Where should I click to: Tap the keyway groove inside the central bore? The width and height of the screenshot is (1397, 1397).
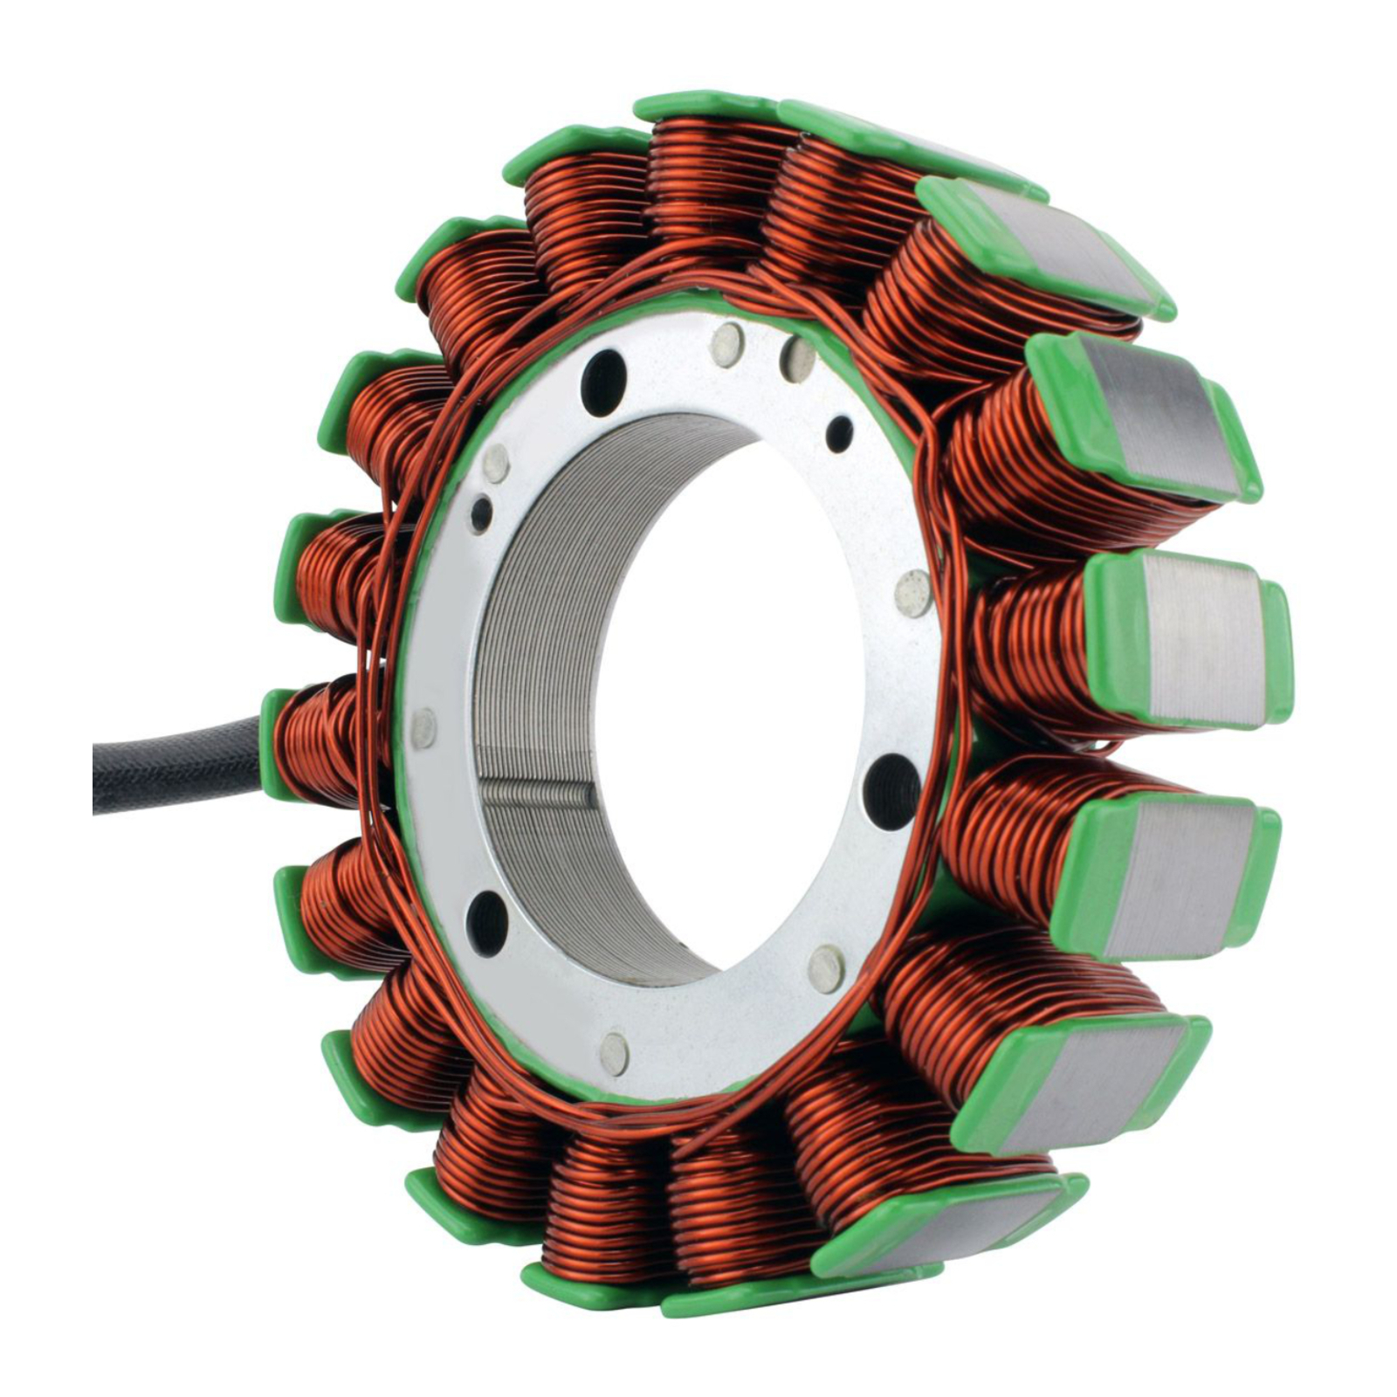537,794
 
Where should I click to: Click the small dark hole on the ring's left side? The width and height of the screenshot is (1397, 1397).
480,515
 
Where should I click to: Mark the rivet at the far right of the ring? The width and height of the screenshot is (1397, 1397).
913,593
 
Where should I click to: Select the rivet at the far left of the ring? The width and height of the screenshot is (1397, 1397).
424,727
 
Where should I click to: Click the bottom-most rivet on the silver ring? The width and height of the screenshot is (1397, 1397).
615,1053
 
